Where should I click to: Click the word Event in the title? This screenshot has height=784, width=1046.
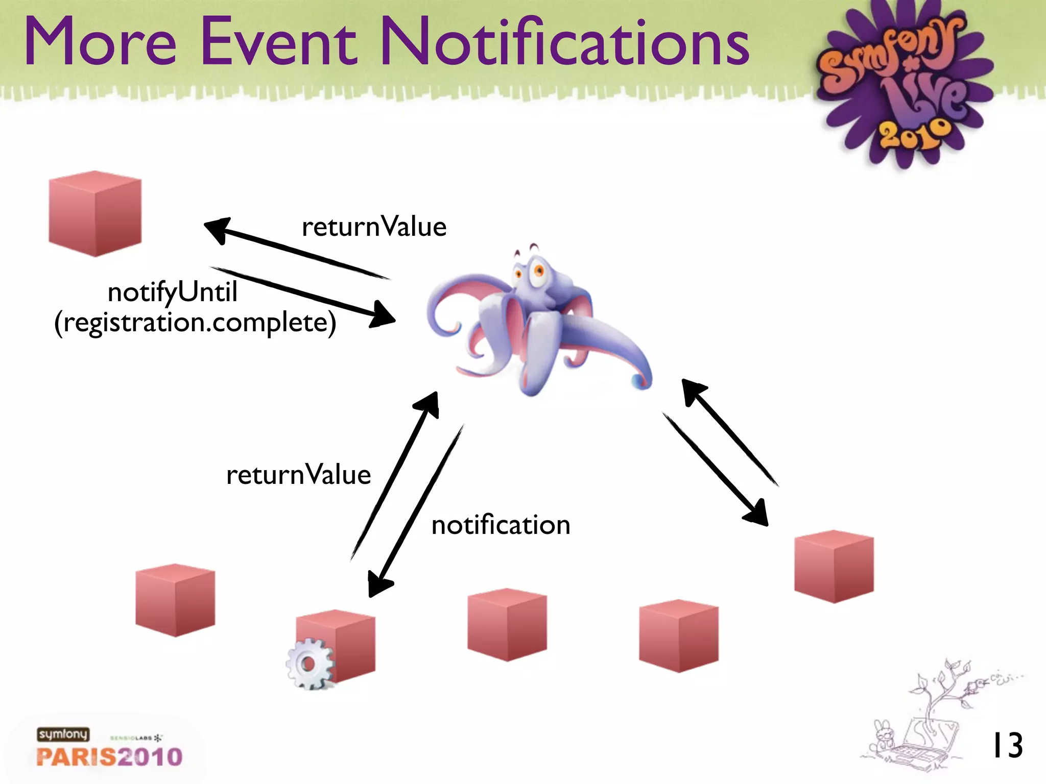279,42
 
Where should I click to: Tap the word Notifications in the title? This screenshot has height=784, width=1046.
565,42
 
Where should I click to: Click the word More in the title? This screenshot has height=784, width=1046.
100,42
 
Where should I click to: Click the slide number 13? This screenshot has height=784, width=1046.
1007,746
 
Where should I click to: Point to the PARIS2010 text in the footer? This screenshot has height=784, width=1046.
109,756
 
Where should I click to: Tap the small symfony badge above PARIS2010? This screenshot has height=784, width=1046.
63,734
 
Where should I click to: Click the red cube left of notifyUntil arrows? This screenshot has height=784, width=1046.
95,213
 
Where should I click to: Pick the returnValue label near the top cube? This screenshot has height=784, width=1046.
374,227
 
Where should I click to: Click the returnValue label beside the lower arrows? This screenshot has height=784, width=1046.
298,475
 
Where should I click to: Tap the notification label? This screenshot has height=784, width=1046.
501,525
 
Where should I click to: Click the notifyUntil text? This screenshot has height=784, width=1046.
173,292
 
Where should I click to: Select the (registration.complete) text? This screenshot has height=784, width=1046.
195,323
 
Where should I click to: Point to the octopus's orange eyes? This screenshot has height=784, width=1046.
531,271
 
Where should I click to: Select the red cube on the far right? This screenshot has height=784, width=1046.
834,567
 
